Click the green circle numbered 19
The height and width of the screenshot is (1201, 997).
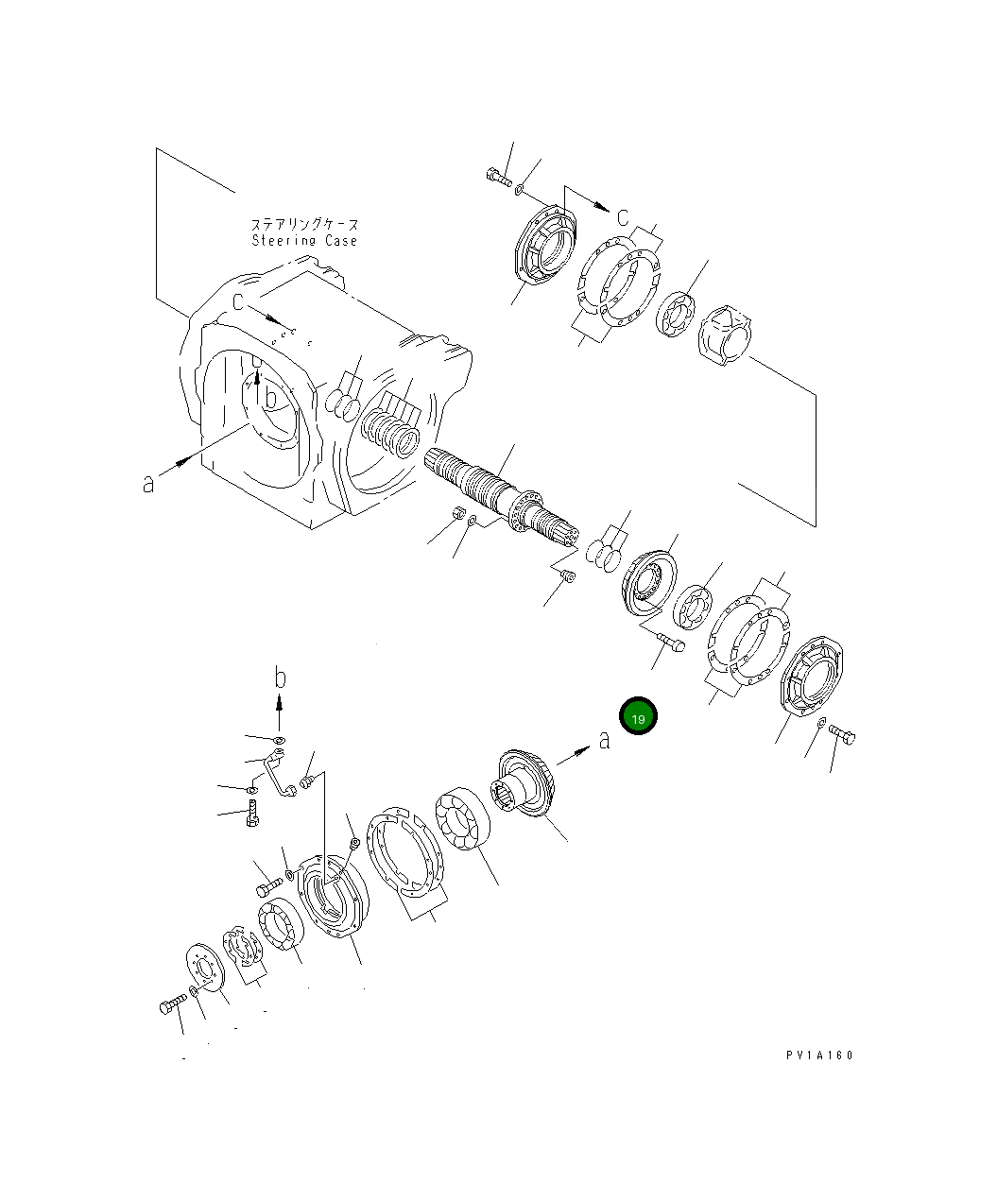tap(638, 718)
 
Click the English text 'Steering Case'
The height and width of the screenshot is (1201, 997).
tap(304, 241)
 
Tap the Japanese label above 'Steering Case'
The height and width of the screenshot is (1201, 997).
tap(304, 225)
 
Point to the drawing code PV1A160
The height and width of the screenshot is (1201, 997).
tap(817, 1055)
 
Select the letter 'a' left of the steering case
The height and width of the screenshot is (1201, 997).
tap(148, 484)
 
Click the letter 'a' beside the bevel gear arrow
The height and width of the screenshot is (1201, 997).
tap(605, 739)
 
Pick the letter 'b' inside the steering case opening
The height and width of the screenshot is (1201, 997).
tap(271, 399)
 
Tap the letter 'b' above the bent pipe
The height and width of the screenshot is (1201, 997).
tap(280, 678)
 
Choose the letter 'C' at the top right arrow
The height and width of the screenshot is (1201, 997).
tap(623, 217)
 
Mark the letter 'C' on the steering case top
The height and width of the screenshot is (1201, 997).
tap(239, 301)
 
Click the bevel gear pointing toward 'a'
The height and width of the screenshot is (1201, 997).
tap(524, 789)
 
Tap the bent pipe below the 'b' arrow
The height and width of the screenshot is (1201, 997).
tap(280, 772)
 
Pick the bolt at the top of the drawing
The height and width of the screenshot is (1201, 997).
tap(496, 176)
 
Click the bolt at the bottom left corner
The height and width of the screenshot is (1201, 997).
tap(171, 1006)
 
